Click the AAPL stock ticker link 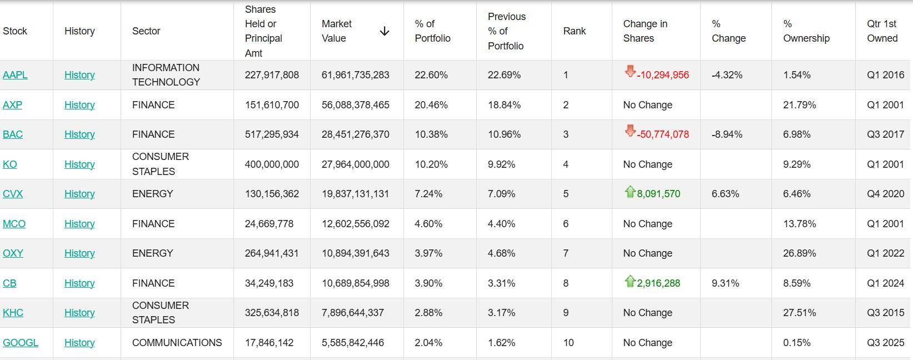click(x=15, y=75)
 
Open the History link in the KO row click(x=79, y=164)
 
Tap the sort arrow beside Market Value click(x=384, y=32)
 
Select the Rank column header click(x=574, y=31)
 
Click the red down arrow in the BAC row click(x=630, y=131)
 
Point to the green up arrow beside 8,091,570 click(x=630, y=192)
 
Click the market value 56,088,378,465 click(x=355, y=105)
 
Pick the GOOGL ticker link click(x=21, y=343)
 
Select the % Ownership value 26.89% click(x=799, y=253)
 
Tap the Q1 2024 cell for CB click(x=885, y=283)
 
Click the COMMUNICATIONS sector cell click(x=177, y=343)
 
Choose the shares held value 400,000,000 click(x=272, y=164)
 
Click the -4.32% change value click(x=727, y=75)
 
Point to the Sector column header click(x=146, y=31)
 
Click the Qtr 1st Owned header click(x=882, y=31)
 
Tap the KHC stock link click(x=13, y=313)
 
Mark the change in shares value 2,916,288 click(x=658, y=283)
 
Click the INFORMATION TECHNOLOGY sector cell click(x=166, y=75)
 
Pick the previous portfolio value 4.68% click(x=501, y=253)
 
